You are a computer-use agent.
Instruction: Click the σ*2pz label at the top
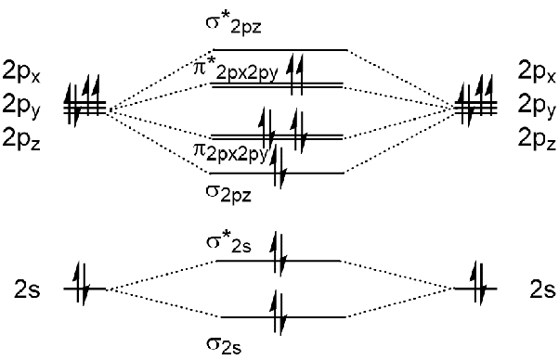pos(233,24)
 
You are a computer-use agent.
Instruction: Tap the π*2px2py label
pos(235,71)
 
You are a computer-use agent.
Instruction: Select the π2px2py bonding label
pos(230,153)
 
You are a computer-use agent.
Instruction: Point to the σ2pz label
pos(228,194)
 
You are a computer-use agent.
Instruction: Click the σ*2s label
pos(228,243)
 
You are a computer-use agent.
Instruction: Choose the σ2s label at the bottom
pos(224,345)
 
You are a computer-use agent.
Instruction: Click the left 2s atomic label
pos(28,289)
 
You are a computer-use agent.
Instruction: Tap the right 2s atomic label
pos(542,289)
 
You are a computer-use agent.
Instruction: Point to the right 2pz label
pos(537,138)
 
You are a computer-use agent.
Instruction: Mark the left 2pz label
pos(21,138)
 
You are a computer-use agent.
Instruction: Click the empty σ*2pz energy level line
pos(279,50)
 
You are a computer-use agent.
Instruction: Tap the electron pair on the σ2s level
pos(278,313)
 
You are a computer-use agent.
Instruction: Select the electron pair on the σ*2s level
pos(278,253)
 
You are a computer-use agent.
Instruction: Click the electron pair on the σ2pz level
pos(278,167)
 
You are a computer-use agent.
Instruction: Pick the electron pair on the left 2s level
pos(82,283)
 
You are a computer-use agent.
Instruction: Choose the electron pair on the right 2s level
pos(478,283)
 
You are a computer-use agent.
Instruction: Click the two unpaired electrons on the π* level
pos(296,74)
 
